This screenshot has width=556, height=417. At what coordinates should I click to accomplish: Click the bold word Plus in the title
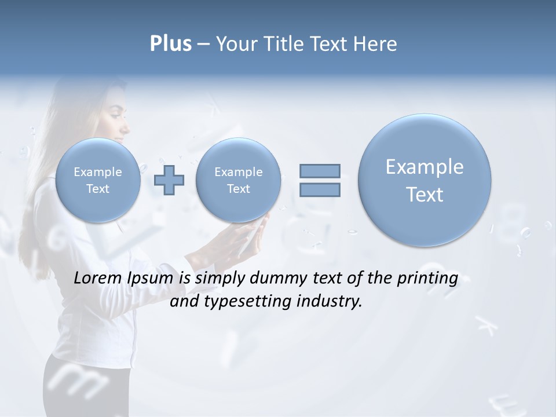pos(171,44)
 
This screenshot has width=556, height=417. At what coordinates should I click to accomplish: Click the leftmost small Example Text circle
pos(98,180)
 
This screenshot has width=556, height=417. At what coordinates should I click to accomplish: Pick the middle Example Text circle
pos(238,180)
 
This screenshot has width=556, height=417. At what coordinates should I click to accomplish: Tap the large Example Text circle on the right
pos(425,180)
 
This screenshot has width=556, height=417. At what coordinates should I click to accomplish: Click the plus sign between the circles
pos(169,180)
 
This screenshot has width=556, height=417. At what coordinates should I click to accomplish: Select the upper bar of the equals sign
pos(320,171)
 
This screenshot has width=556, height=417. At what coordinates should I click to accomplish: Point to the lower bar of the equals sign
pos(320,189)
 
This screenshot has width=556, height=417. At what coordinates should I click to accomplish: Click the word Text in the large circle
pos(425,195)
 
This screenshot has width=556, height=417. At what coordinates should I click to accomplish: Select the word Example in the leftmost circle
pos(98,172)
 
